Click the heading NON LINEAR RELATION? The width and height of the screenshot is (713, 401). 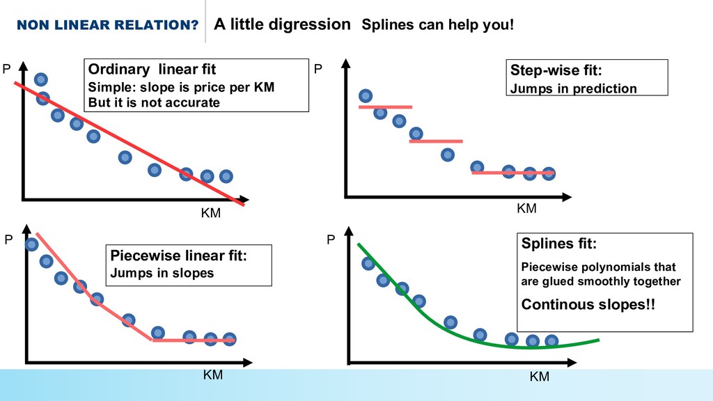(x=107, y=26)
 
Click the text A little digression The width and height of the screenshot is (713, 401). (x=282, y=25)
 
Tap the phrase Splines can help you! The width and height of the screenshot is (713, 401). (x=437, y=26)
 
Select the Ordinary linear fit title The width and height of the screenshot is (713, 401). (x=151, y=70)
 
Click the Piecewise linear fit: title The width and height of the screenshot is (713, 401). (x=179, y=255)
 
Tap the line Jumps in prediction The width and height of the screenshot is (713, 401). (x=573, y=88)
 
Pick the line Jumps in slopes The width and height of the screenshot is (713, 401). (x=162, y=273)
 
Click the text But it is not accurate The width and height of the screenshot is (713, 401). (x=153, y=102)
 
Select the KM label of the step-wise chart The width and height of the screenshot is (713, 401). (x=526, y=208)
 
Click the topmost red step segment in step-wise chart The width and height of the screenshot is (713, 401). (x=386, y=107)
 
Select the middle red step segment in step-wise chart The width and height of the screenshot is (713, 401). (x=436, y=141)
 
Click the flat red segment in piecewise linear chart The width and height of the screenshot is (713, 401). (x=194, y=340)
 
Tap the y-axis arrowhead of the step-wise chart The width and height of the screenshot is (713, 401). (x=346, y=65)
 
